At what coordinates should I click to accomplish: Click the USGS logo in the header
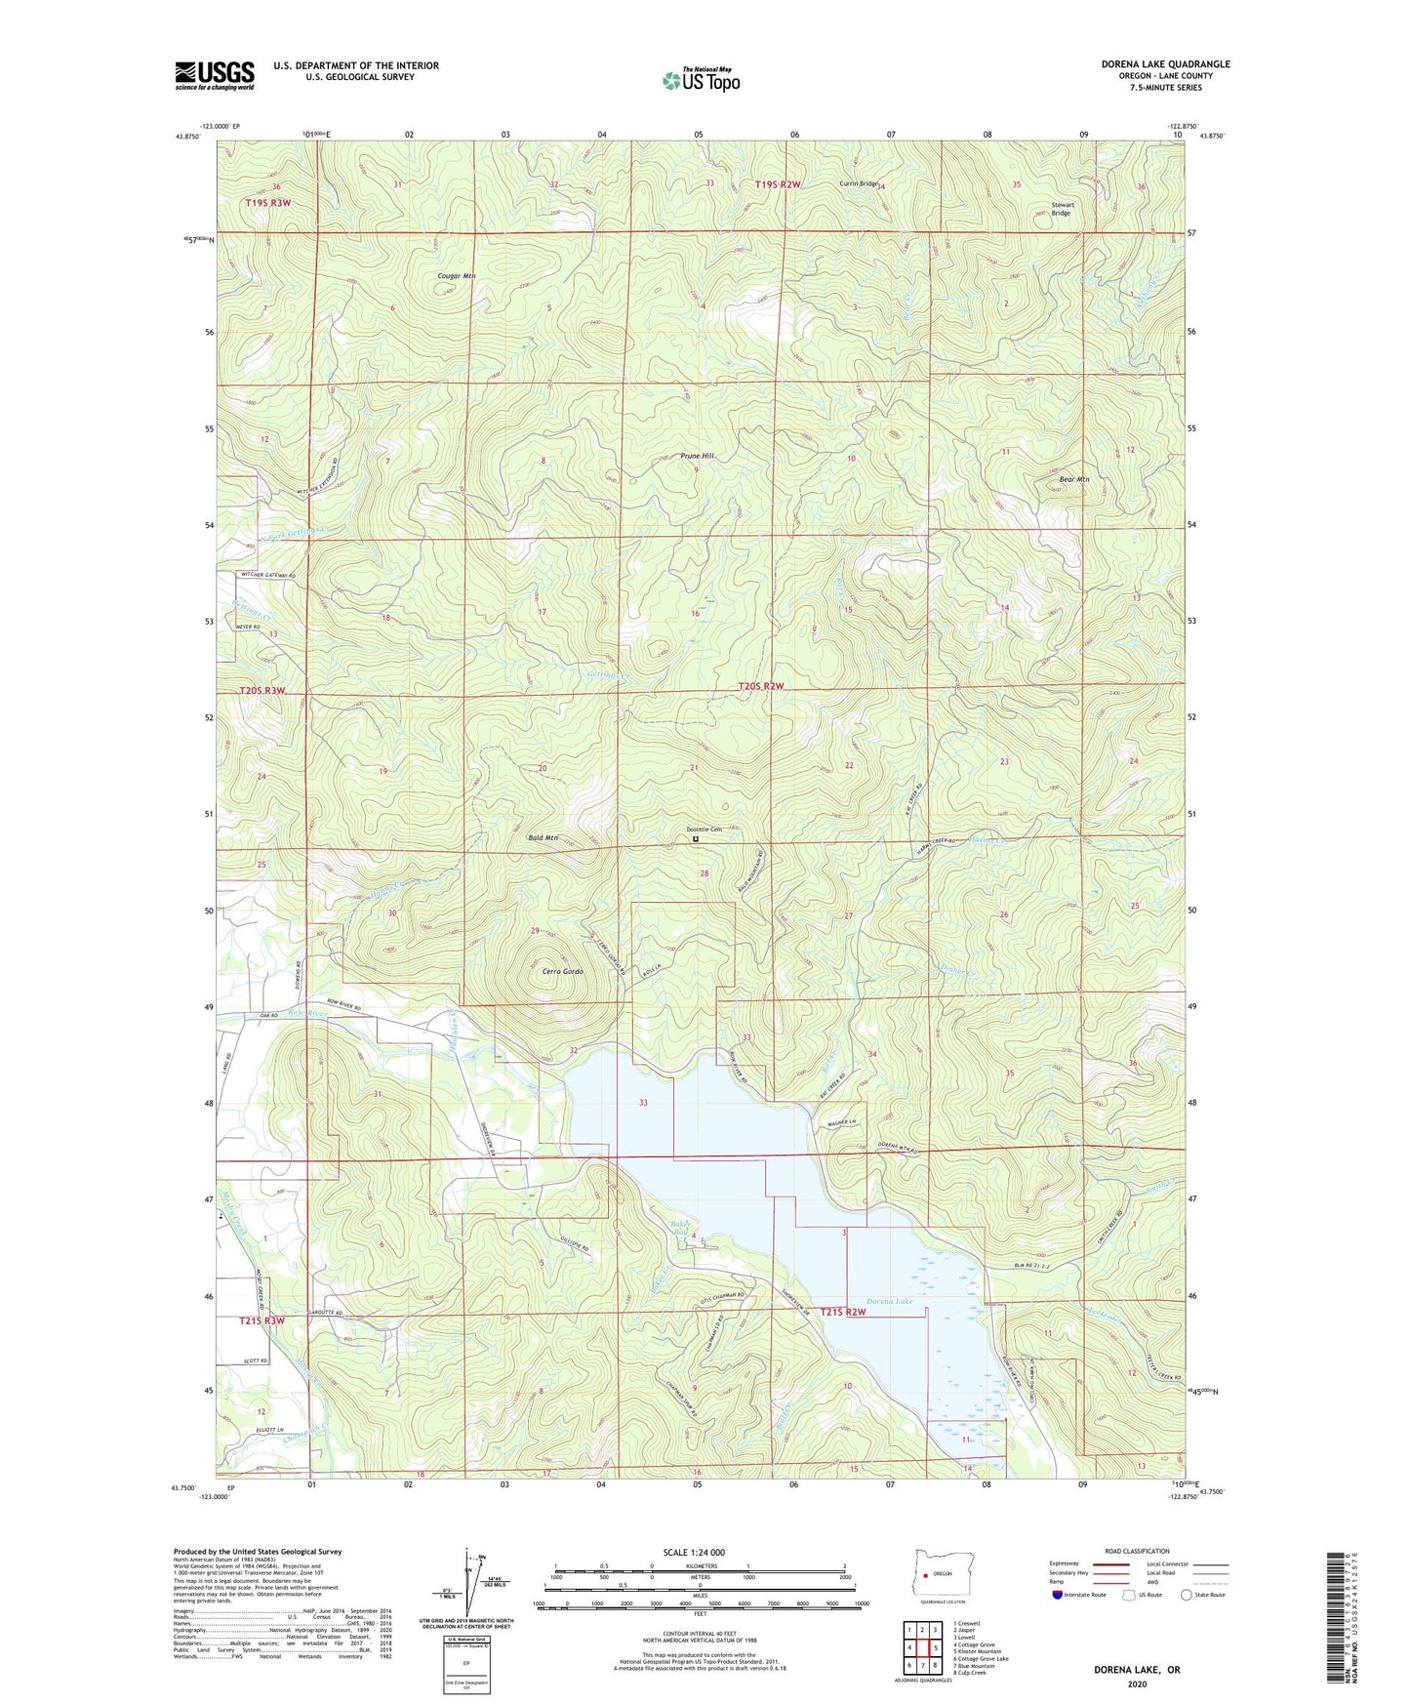point(215,75)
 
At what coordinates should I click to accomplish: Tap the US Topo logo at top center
point(701,80)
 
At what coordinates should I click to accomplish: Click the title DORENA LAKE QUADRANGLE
point(1165,64)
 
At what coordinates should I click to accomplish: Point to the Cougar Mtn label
point(456,276)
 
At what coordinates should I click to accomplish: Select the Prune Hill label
point(697,456)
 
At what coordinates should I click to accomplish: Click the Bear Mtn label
point(1073,479)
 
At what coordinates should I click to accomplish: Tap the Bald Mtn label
point(542,837)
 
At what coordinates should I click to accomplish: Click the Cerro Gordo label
point(562,972)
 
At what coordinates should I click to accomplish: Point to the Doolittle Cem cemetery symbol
point(696,838)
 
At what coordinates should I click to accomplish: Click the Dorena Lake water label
point(889,1301)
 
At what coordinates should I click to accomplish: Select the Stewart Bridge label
point(1061,209)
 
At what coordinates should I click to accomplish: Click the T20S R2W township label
point(761,686)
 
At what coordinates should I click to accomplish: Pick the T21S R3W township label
point(262,1320)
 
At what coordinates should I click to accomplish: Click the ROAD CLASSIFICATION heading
point(1137,1551)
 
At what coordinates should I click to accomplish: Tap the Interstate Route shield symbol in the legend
point(1059,1595)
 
